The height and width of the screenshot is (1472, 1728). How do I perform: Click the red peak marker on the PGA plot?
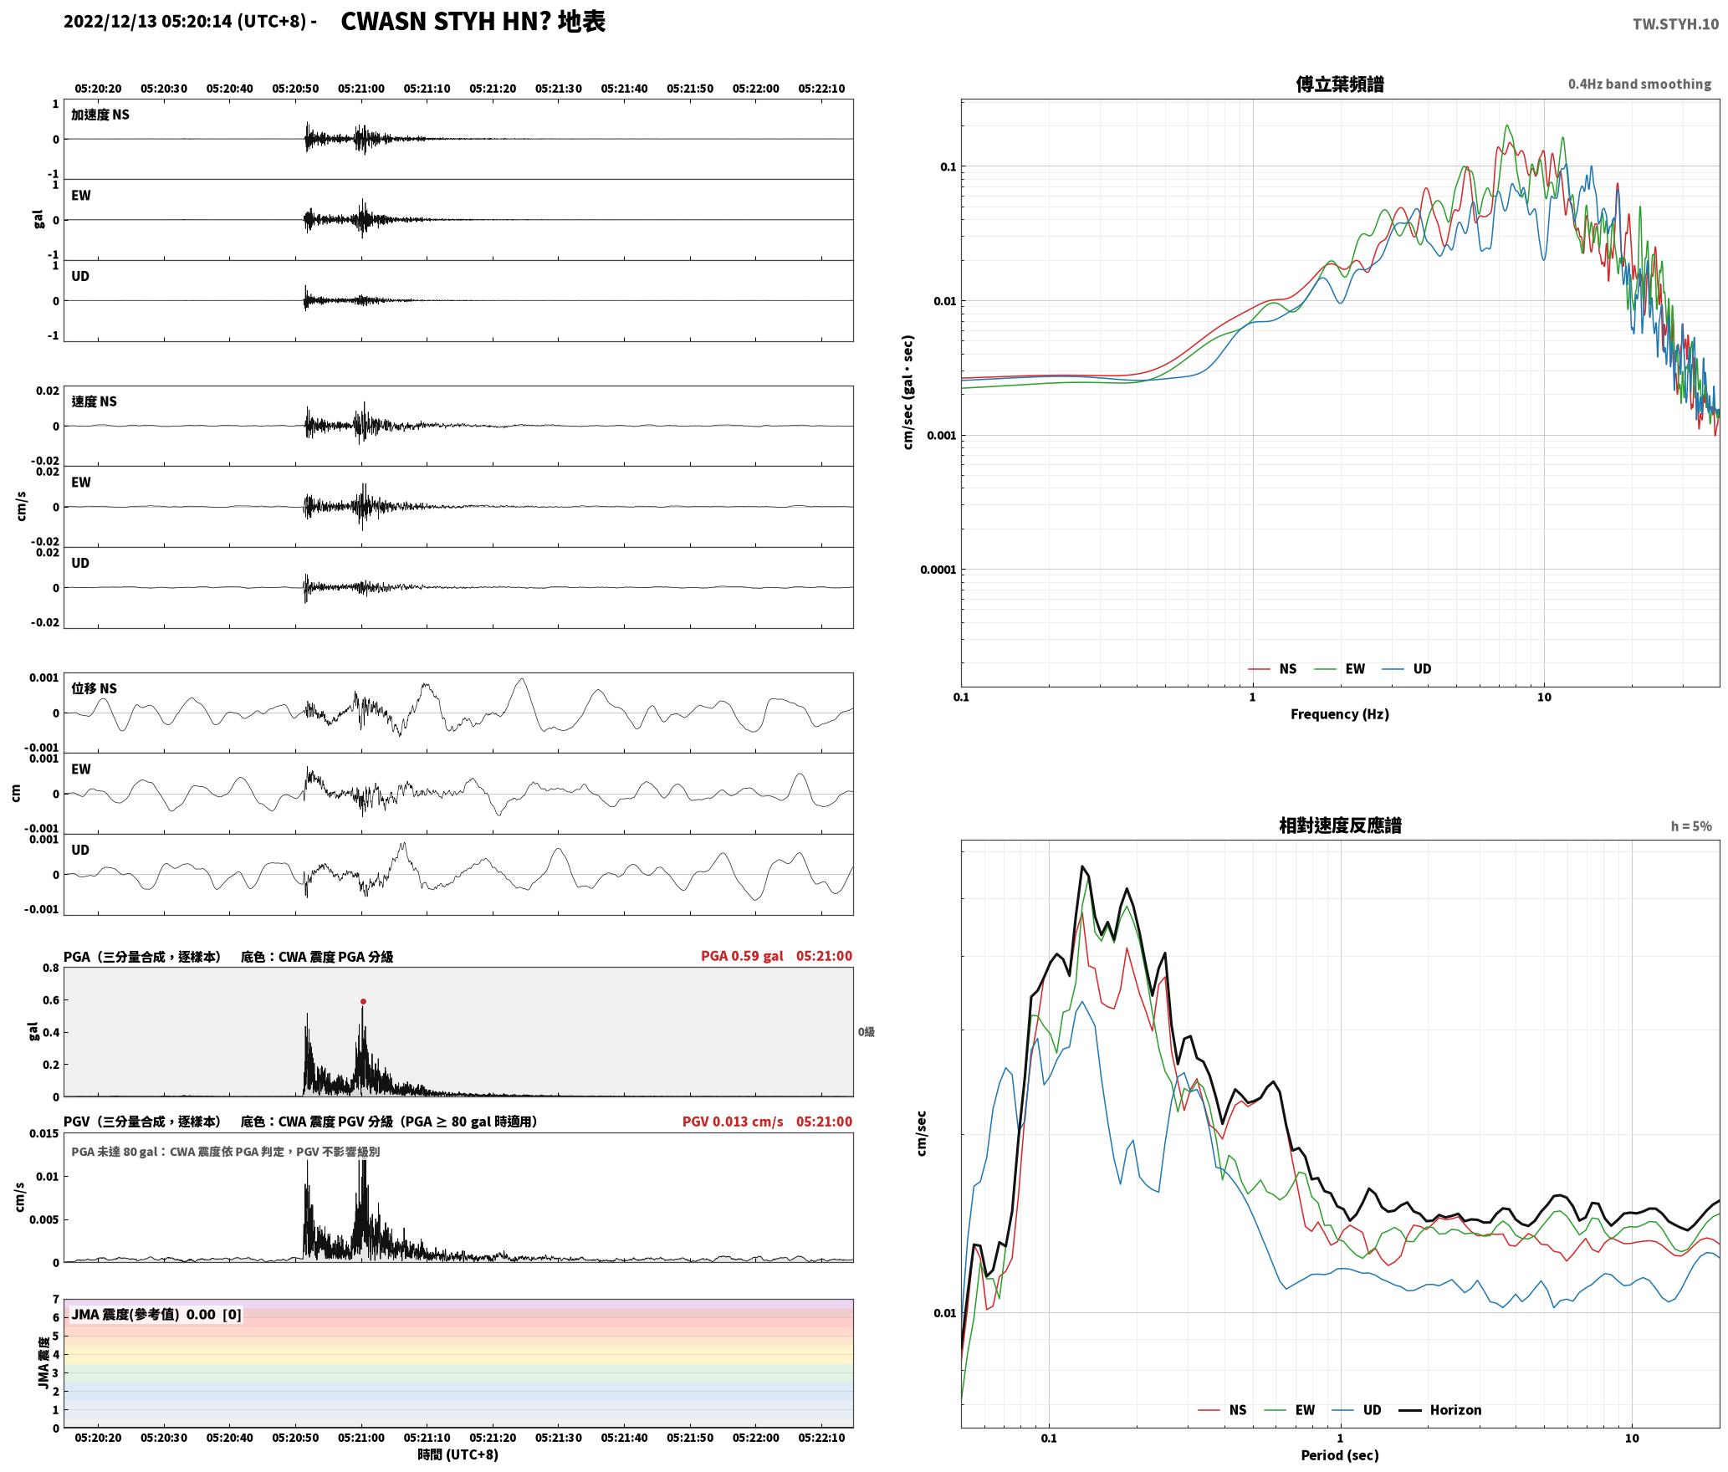coord(363,1001)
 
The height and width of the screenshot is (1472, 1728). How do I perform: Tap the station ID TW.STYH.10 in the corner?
coord(1675,23)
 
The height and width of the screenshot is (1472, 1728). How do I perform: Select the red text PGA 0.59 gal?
coord(742,956)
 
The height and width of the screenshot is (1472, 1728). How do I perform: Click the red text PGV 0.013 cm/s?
coord(733,1122)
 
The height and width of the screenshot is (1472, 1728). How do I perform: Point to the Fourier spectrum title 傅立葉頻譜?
coord(1340,84)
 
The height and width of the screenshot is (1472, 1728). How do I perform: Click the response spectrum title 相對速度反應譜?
coord(1340,825)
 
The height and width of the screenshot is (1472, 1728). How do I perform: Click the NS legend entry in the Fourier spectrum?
coord(1272,669)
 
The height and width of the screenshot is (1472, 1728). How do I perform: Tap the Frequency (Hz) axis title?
coord(1340,714)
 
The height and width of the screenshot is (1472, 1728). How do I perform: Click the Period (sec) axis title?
coord(1340,1455)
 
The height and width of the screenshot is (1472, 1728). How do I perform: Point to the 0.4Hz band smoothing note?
coord(1639,84)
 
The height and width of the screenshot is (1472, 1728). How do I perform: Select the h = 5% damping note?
coord(1691,826)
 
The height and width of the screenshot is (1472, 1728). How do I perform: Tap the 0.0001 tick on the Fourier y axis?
coord(938,570)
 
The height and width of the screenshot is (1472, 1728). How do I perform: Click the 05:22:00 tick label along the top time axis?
coord(755,89)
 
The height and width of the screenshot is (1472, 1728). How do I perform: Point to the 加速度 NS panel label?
coord(100,115)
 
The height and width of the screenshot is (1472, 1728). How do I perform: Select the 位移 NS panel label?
coord(94,688)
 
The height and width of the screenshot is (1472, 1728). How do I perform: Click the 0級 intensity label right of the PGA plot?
coord(866,1032)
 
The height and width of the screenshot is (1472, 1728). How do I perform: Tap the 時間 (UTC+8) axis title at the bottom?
coord(458,1454)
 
